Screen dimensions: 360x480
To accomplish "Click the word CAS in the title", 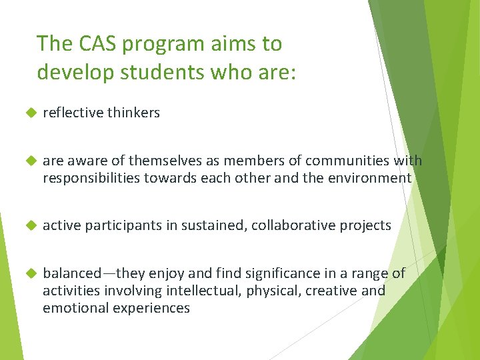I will tap(95, 44).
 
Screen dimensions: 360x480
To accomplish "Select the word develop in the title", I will tap(70, 72).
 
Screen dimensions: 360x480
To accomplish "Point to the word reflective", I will tap(72, 113).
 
